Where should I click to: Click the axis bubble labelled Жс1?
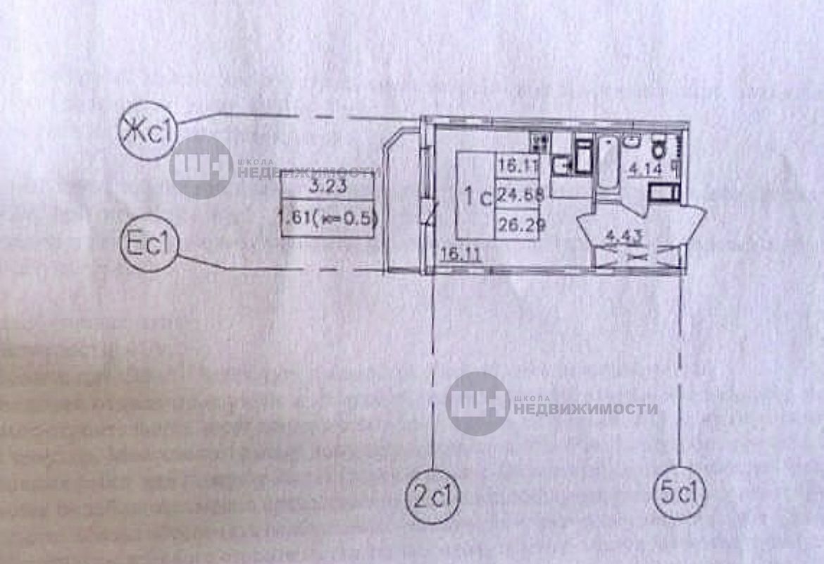click(x=147, y=131)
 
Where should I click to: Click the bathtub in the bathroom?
click(x=607, y=163)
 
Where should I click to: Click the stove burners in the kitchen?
click(x=540, y=142)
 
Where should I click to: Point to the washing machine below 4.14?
click(x=662, y=191)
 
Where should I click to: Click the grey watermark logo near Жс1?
click(x=201, y=166)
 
